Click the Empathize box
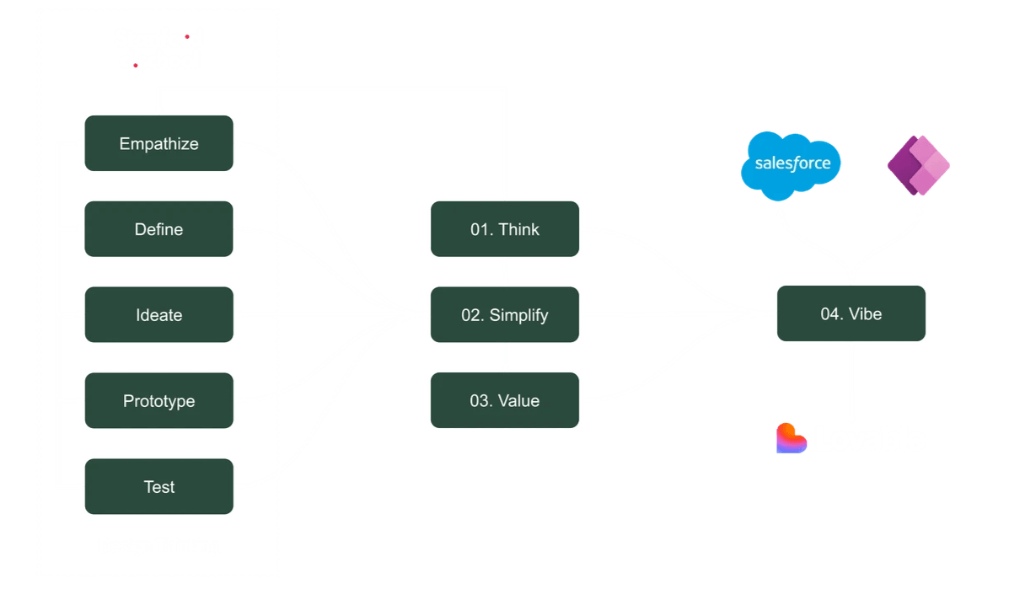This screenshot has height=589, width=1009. point(158,143)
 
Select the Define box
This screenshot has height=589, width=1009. point(158,229)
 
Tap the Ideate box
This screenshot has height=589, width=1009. point(158,315)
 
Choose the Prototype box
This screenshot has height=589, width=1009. point(158,401)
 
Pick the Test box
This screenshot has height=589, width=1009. point(158,487)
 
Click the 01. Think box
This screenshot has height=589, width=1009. point(504,229)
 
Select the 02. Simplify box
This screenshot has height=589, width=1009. point(504,315)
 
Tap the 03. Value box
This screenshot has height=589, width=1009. point(504,401)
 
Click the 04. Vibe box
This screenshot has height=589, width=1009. point(851,313)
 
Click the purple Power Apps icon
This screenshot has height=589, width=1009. point(918,165)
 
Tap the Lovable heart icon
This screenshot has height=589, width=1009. point(792,438)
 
